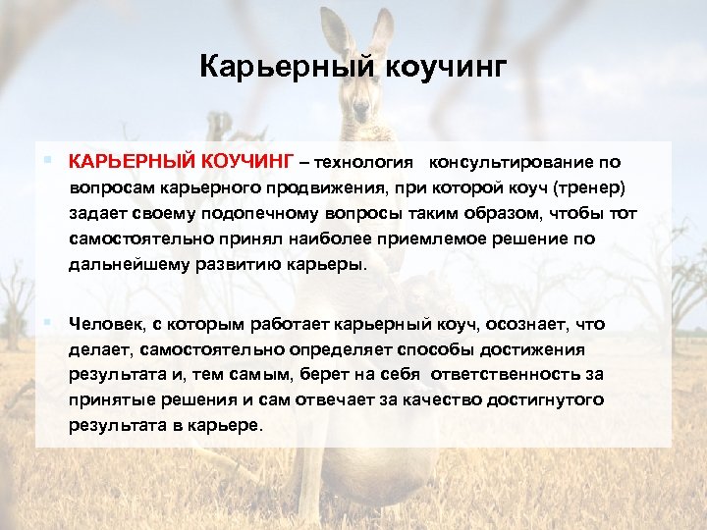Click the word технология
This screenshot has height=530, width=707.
[366, 161]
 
